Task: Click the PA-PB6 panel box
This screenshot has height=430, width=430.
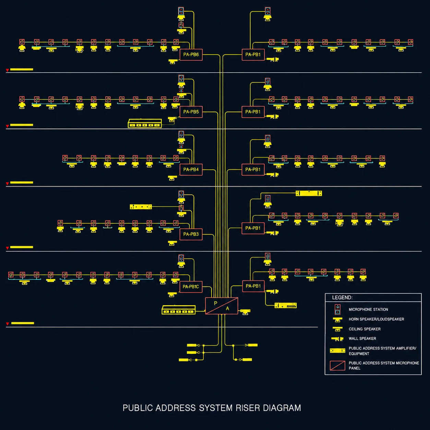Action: [191, 55]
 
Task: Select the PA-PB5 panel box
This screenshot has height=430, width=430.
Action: [191, 112]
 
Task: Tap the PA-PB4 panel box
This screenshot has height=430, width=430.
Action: [191, 170]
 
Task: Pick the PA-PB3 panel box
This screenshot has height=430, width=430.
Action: [191, 234]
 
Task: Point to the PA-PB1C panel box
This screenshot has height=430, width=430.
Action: [191, 287]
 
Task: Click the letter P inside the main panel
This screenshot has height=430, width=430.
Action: [216, 303]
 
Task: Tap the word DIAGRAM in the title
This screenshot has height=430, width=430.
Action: [282, 408]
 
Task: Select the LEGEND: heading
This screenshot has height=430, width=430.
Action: [342, 297]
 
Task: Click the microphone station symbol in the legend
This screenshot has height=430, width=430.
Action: [337, 309]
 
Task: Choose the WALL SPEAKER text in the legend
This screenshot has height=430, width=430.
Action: [362, 338]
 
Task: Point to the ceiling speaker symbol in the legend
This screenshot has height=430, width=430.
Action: [337, 329]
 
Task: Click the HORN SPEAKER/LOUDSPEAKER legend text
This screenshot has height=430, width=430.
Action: [376, 319]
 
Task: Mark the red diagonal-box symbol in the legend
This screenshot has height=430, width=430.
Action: [337, 366]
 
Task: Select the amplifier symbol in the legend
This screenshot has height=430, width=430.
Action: [337, 350]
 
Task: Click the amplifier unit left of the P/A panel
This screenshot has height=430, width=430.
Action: [179, 310]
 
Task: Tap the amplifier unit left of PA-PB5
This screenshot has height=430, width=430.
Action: [145, 123]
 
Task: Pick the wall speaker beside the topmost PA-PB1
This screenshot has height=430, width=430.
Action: [273, 59]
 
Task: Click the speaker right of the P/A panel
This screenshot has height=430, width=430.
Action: [245, 312]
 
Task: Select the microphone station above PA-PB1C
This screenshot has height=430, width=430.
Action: [181, 259]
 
